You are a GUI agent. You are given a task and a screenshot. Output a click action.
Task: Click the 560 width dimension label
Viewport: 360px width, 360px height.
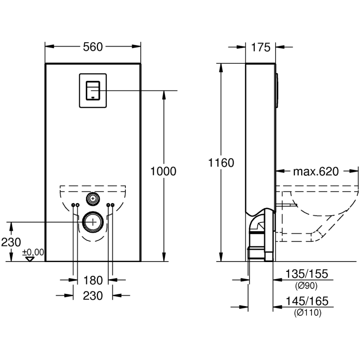[x=93, y=47]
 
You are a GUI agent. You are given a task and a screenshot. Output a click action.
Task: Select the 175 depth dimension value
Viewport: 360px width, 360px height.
[x=261, y=47]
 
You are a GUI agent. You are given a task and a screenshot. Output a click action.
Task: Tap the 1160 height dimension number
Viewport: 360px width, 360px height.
[x=221, y=163]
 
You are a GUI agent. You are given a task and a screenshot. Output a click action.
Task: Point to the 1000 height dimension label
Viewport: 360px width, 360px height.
[x=163, y=171]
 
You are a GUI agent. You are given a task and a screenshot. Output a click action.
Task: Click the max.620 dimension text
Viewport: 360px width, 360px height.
[x=316, y=171]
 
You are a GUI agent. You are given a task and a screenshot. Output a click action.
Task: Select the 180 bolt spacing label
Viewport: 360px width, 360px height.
[x=93, y=280]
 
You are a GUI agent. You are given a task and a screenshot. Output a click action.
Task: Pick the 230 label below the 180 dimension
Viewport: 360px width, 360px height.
[x=93, y=295]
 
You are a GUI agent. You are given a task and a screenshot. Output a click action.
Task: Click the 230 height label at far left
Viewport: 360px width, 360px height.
[x=10, y=242]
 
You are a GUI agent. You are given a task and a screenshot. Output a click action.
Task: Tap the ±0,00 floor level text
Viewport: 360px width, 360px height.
[x=33, y=252]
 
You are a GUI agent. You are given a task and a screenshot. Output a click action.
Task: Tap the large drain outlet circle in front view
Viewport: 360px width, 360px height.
[x=93, y=222]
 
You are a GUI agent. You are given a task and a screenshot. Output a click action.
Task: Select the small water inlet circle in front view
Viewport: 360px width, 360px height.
[x=93, y=198]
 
